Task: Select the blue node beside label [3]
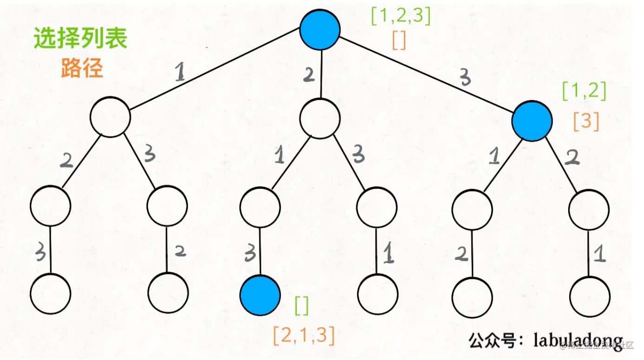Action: pos(532,121)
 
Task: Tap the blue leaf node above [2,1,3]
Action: pos(260,295)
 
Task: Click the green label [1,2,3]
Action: pos(400,17)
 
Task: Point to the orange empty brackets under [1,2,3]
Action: pos(398,41)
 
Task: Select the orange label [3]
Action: pos(586,121)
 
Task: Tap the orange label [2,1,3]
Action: pos(304,336)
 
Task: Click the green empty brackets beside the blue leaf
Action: pos(301,306)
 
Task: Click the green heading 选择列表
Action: pos(80,38)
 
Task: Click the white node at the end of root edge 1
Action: pos(110,117)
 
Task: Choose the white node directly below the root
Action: pos(320,118)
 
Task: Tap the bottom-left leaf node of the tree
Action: pos(50,294)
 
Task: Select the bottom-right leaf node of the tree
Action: pos(590,297)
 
